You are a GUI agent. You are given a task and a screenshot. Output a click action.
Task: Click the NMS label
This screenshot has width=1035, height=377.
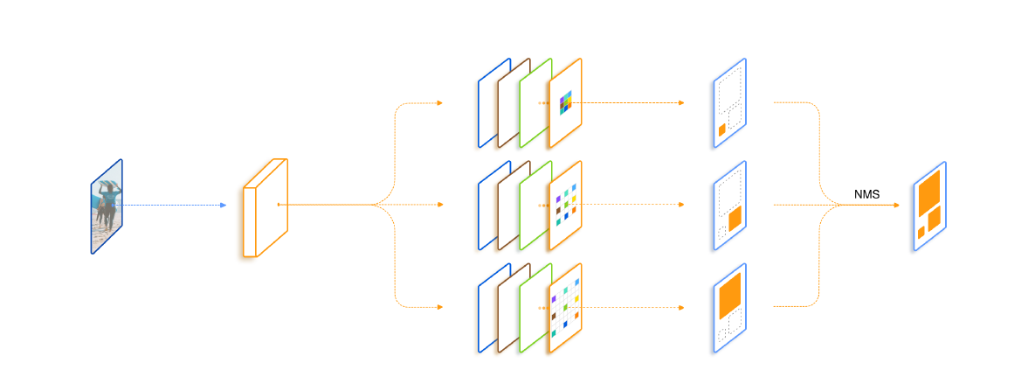(x=866, y=194)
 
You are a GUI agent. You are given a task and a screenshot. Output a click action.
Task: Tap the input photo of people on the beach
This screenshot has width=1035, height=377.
(x=107, y=206)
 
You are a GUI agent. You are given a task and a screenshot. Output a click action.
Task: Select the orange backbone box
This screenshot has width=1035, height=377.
(x=264, y=208)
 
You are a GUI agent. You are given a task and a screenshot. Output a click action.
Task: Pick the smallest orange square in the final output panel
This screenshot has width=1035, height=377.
(x=921, y=232)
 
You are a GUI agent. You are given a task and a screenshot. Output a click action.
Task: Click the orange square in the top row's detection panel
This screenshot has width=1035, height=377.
(x=722, y=129)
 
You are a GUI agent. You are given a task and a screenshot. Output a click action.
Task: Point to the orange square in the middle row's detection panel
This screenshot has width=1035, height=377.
(x=735, y=217)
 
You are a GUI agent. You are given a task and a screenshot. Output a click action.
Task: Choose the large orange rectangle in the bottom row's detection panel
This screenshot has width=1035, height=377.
(x=729, y=297)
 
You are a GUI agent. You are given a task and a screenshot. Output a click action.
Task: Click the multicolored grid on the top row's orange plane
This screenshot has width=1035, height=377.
(x=566, y=102)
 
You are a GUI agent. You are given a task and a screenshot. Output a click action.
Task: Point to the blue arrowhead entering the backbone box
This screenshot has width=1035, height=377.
(x=224, y=206)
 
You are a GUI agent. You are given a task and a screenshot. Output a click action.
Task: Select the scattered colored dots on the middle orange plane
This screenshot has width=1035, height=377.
(x=565, y=206)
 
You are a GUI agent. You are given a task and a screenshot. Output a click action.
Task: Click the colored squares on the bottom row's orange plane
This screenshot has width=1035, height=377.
(x=565, y=307)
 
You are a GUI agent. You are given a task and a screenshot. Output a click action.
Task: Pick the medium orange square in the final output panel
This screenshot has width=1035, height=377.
(x=934, y=217)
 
